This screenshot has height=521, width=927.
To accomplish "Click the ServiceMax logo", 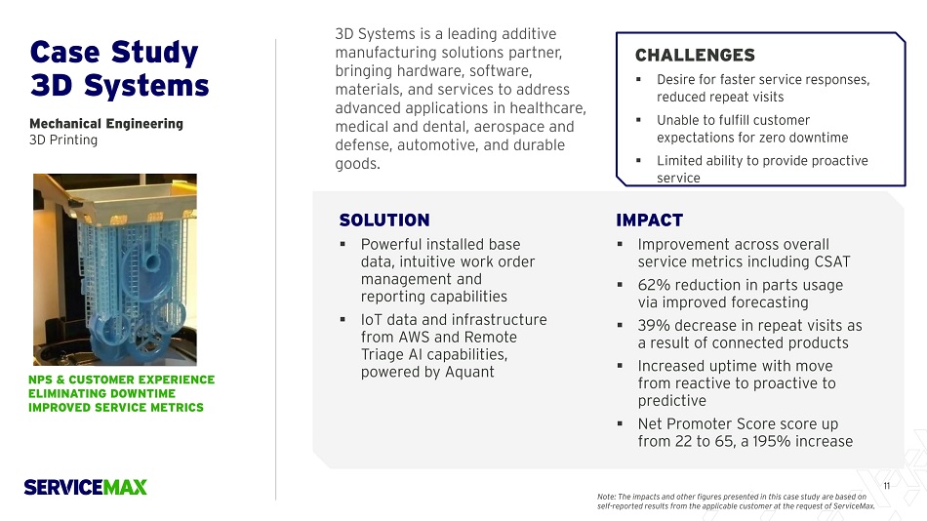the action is point(85,487).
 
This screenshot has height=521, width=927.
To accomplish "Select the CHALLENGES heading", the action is point(695,55).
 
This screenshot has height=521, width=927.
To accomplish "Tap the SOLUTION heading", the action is point(384,220).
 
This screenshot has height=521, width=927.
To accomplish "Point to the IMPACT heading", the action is point(649,220).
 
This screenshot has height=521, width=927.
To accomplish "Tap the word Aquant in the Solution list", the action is point(469,372).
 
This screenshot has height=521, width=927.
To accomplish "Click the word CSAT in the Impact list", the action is point(832,262).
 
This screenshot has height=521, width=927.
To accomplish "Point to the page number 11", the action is point(886,486).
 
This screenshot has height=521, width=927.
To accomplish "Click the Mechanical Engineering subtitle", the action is point(106,124).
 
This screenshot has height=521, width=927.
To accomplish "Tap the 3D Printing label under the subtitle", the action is point(63,140).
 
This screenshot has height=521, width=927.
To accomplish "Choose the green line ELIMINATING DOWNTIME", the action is point(101,393).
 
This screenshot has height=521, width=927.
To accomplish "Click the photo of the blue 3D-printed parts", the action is point(115,269).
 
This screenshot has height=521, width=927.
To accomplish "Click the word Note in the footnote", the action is point(606,497).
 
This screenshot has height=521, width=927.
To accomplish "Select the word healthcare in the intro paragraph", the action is point(547,108).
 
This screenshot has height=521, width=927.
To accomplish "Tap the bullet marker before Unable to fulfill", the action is point(638,120).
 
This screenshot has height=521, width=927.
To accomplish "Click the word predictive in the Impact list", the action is point(672,401).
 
